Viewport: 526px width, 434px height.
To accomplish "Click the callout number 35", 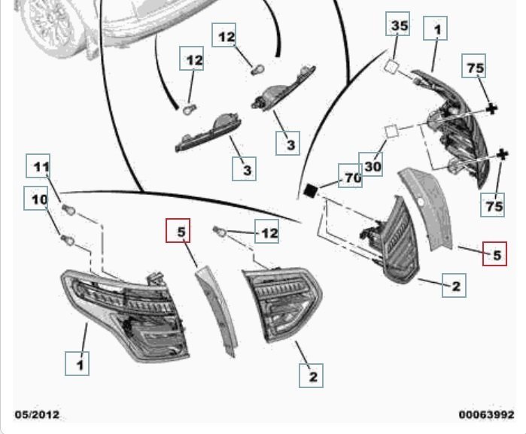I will pos(399,27).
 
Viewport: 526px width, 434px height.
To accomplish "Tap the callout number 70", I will pos(352,178).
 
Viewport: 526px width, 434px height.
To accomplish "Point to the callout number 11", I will pos(41,167).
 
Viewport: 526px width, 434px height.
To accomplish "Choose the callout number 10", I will pos(38,199).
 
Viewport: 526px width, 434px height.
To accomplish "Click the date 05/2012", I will pos(37,414).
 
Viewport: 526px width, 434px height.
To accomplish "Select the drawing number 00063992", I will pos(486,414).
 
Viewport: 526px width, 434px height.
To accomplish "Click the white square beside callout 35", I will pos(391,66).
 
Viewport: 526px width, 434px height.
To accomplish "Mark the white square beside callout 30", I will pos(391,131).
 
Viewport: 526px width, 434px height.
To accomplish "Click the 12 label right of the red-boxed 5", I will pos(268,234).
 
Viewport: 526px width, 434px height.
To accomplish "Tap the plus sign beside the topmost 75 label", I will pos(492,109).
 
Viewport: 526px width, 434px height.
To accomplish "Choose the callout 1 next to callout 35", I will pos(437,29).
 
